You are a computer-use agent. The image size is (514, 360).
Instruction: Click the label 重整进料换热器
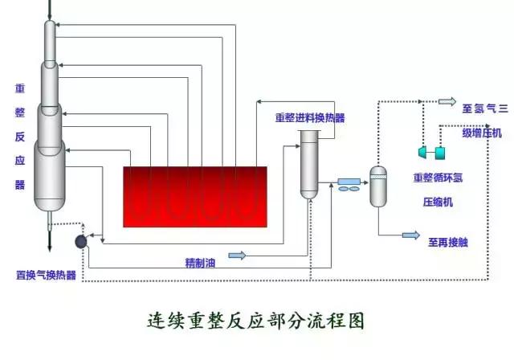tap(310, 117)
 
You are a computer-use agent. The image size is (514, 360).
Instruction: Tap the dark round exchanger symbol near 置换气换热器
tap(82, 240)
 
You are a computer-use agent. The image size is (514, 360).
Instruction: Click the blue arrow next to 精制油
tap(237, 256)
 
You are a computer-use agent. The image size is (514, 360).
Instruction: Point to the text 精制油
tap(200, 261)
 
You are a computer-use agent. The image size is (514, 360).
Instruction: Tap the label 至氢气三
tap(486, 107)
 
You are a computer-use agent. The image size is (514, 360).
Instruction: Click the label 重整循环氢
tap(439, 178)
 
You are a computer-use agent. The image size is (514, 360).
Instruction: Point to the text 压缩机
tap(438, 202)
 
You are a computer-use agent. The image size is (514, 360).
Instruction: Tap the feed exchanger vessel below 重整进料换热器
tap(309, 165)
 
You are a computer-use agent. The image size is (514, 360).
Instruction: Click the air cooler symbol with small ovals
tap(349, 184)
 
